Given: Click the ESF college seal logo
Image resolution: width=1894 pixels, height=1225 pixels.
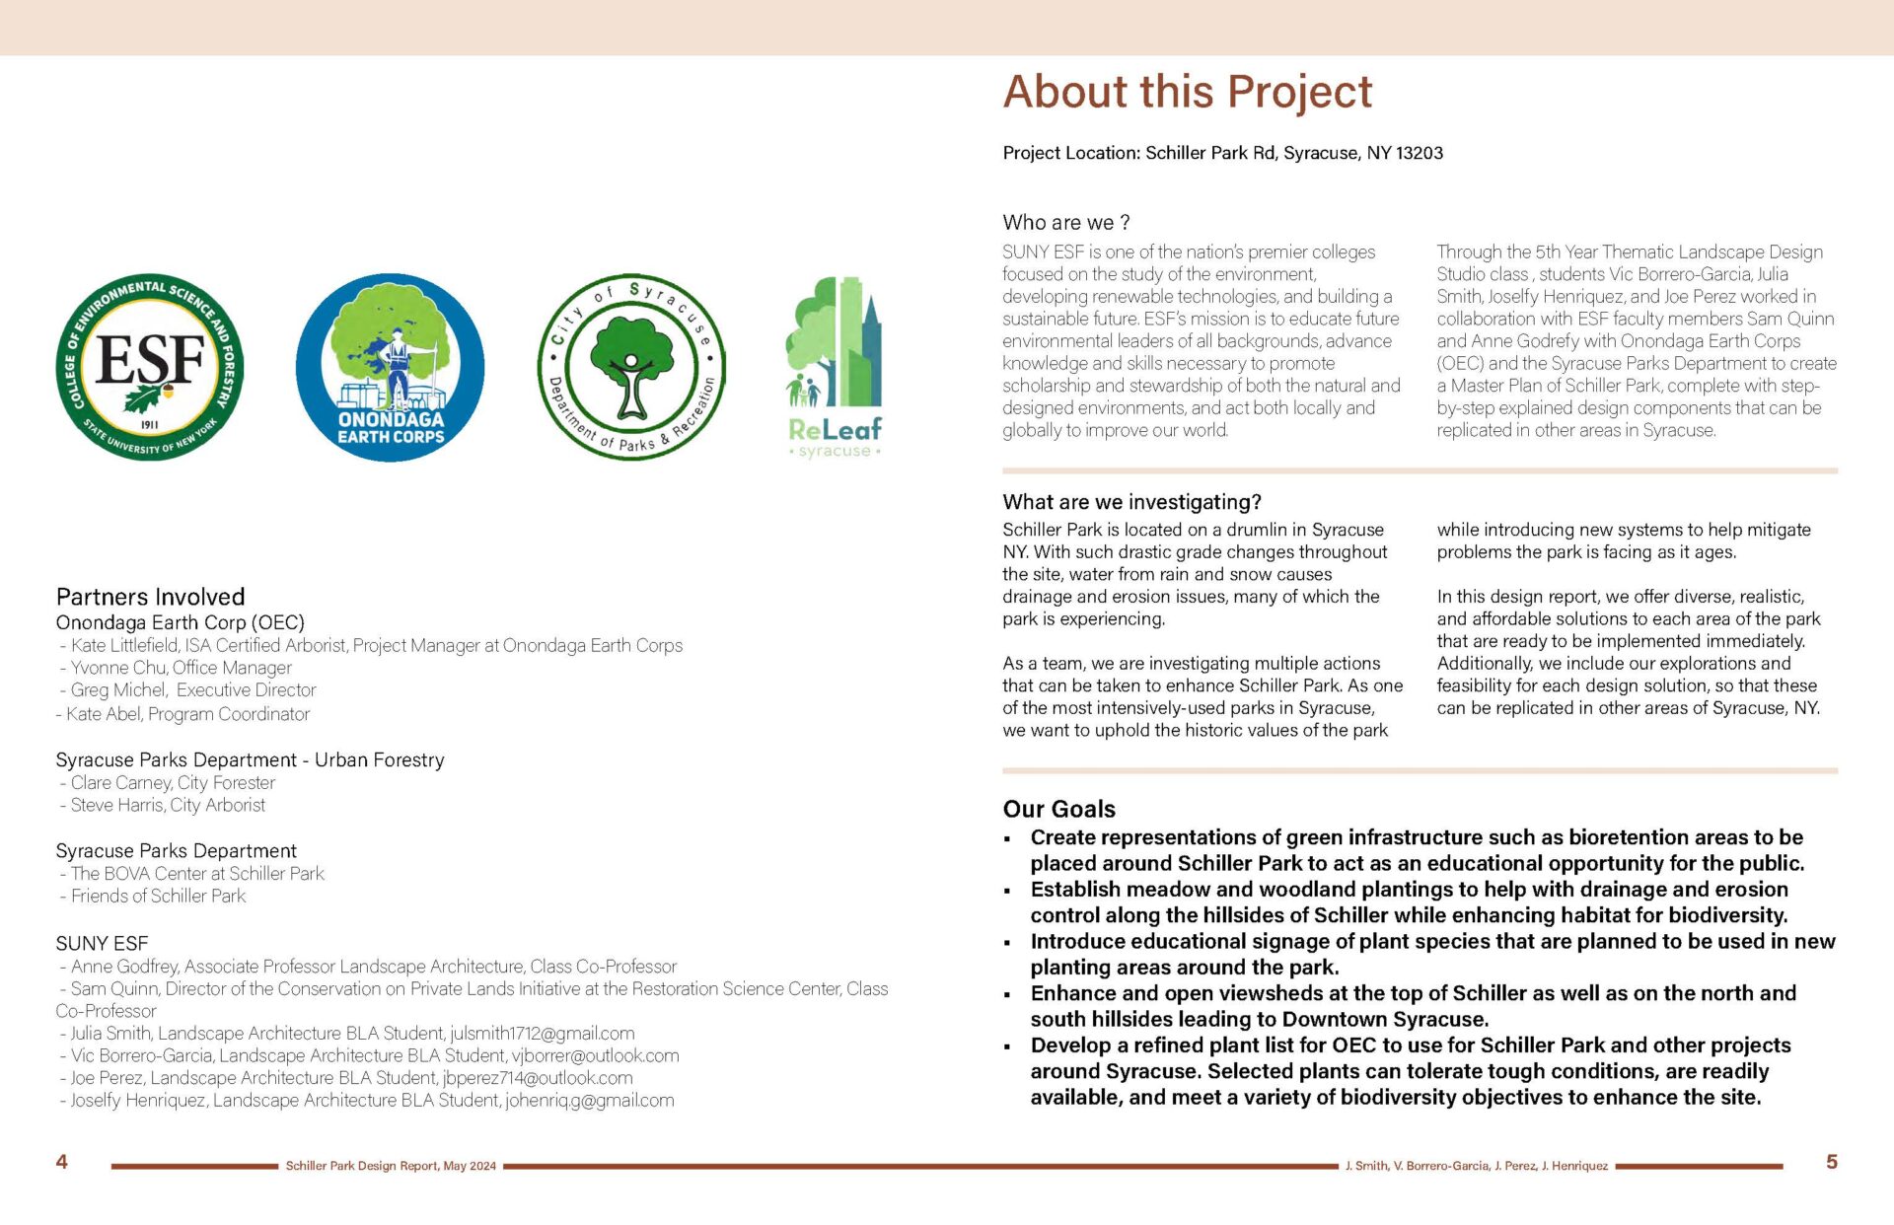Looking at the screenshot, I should [x=150, y=367].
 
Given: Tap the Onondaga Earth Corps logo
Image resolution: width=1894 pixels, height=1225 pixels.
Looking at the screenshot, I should [x=391, y=367].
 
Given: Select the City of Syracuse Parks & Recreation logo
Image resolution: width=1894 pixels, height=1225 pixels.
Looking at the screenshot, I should [x=631, y=367].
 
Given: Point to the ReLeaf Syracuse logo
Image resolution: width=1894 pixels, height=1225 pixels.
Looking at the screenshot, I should [x=835, y=367].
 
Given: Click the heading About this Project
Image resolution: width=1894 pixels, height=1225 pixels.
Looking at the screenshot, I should [x=1187, y=92].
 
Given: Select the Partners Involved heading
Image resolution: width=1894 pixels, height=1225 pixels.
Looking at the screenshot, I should [x=150, y=597].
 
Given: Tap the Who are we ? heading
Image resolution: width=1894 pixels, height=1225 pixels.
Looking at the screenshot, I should [x=1065, y=223].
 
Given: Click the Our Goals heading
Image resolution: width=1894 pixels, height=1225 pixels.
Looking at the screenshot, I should [x=1058, y=809].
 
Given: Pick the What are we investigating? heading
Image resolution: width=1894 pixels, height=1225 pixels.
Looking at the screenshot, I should [x=1131, y=502].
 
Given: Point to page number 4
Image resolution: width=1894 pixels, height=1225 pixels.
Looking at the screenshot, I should [x=61, y=1162].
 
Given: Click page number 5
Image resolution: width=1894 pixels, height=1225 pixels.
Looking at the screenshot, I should [x=1831, y=1162].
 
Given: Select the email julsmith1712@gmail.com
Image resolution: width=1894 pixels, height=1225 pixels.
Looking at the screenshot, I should [x=542, y=1034].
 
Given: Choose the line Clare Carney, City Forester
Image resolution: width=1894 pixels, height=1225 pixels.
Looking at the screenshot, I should [x=173, y=783].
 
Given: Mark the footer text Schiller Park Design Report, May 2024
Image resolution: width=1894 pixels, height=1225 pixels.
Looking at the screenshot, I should [x=391, y=1166].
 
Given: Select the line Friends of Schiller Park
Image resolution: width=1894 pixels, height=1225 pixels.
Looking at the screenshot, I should [x=158, y=896].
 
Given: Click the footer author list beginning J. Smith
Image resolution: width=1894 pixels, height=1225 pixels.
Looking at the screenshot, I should [x=1476, y=1166].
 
